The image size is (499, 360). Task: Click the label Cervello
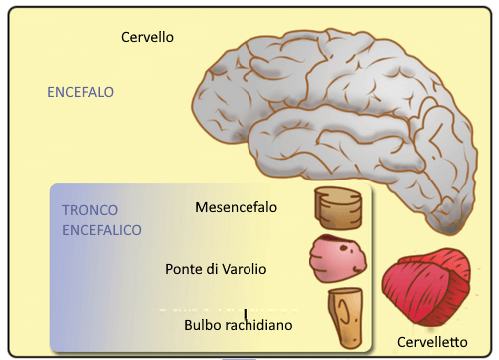coord(147,37)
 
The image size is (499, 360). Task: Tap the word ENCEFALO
coord(80,92)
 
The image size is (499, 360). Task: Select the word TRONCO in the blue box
coord(90,211)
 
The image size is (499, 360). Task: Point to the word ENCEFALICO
coord(101,229)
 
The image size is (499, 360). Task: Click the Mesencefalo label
coord(236,208)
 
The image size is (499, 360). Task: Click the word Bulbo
coord(203,325)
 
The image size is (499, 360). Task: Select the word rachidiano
coord(258,325)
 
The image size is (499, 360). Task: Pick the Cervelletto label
coord(431,341)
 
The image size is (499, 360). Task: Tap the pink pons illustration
coord(338,257)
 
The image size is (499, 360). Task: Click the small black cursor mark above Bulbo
coord(246,313)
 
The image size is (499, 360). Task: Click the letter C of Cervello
coord(126,37)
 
